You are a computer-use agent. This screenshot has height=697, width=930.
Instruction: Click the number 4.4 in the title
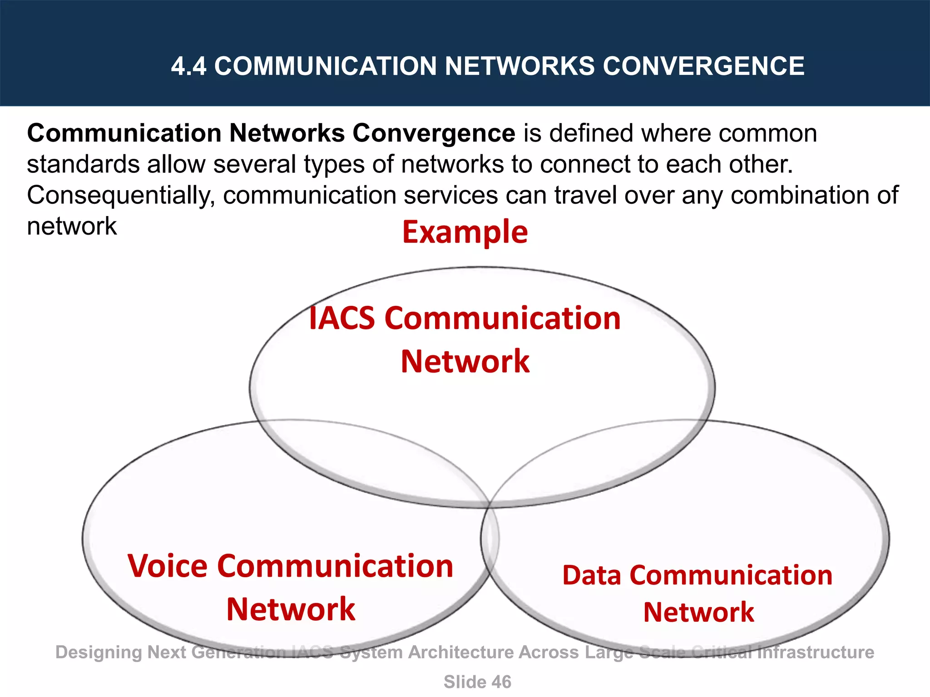click(188, 66)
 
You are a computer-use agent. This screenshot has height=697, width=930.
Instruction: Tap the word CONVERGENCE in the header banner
click(703, 66)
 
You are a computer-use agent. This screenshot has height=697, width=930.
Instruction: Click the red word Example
click(465, 232)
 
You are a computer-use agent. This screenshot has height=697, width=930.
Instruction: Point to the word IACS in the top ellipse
click(342, 318)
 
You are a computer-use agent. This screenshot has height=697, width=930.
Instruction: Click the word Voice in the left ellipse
click(168, 566)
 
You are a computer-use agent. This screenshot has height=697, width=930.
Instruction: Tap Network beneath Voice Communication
click(291, 609)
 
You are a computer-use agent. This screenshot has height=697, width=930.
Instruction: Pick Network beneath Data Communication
click(698, 612)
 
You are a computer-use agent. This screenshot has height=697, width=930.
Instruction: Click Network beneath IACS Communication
click(465, 362)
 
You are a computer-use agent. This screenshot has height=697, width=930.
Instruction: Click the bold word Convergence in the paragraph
click(434, 134)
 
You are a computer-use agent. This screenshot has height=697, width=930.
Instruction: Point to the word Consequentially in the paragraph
click(121, 196)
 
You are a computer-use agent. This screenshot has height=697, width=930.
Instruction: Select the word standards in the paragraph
click(83, 164)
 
